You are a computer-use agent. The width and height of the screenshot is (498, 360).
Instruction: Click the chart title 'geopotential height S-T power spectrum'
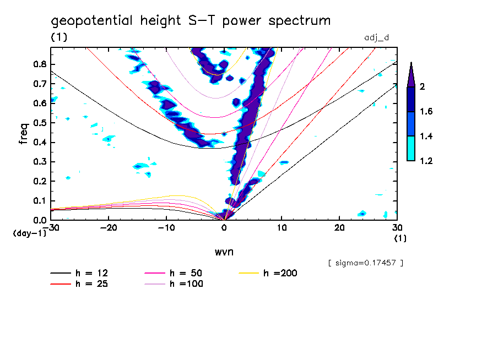tap(191, 21)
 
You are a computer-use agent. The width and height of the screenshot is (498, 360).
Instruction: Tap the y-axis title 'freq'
tap(24, 134)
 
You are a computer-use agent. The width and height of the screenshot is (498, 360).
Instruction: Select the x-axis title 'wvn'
tap(224, 252)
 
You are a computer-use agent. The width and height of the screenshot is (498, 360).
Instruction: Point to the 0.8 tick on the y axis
tap(41, 64)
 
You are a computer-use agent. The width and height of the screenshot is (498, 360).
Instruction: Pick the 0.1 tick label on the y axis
tap(41, 201)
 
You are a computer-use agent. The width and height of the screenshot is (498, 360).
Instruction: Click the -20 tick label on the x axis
tap(109, 228)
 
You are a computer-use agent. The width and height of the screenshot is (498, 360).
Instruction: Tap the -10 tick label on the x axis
tap(166, 228)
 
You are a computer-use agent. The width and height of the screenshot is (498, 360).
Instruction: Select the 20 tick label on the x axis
tap(339, 228)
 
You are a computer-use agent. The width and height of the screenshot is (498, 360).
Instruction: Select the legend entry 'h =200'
tap(280, 273)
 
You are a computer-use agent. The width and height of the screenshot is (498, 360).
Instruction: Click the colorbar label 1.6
tap(427, 112)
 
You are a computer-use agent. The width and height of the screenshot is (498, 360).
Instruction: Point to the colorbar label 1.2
tap(427, 161)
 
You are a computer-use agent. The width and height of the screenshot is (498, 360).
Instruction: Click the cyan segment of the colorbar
tap(411, 149)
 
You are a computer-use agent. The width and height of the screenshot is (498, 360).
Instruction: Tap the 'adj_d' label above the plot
tap(377, 38)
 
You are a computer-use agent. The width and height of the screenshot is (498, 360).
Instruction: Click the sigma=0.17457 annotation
tap(366, 263)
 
